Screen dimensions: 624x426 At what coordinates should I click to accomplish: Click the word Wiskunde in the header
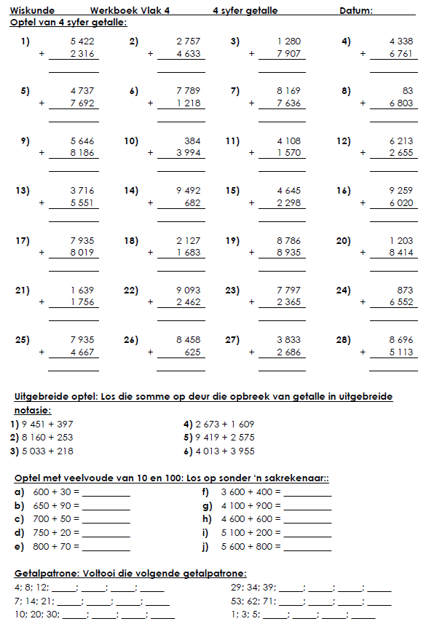[28, 11]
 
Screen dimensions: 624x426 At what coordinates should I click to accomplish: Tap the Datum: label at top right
[356, 11]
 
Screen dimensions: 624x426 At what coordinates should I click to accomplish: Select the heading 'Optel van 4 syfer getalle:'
[68, 23]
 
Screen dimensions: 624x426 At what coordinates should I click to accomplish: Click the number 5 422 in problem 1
[82, 42]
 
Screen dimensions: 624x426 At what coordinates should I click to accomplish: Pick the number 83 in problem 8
[407, 91]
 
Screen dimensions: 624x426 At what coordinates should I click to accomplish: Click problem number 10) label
[131, 141]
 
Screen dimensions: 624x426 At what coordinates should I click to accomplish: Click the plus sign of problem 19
[252, 253]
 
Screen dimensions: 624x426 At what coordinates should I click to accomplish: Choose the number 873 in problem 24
[405, 290]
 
